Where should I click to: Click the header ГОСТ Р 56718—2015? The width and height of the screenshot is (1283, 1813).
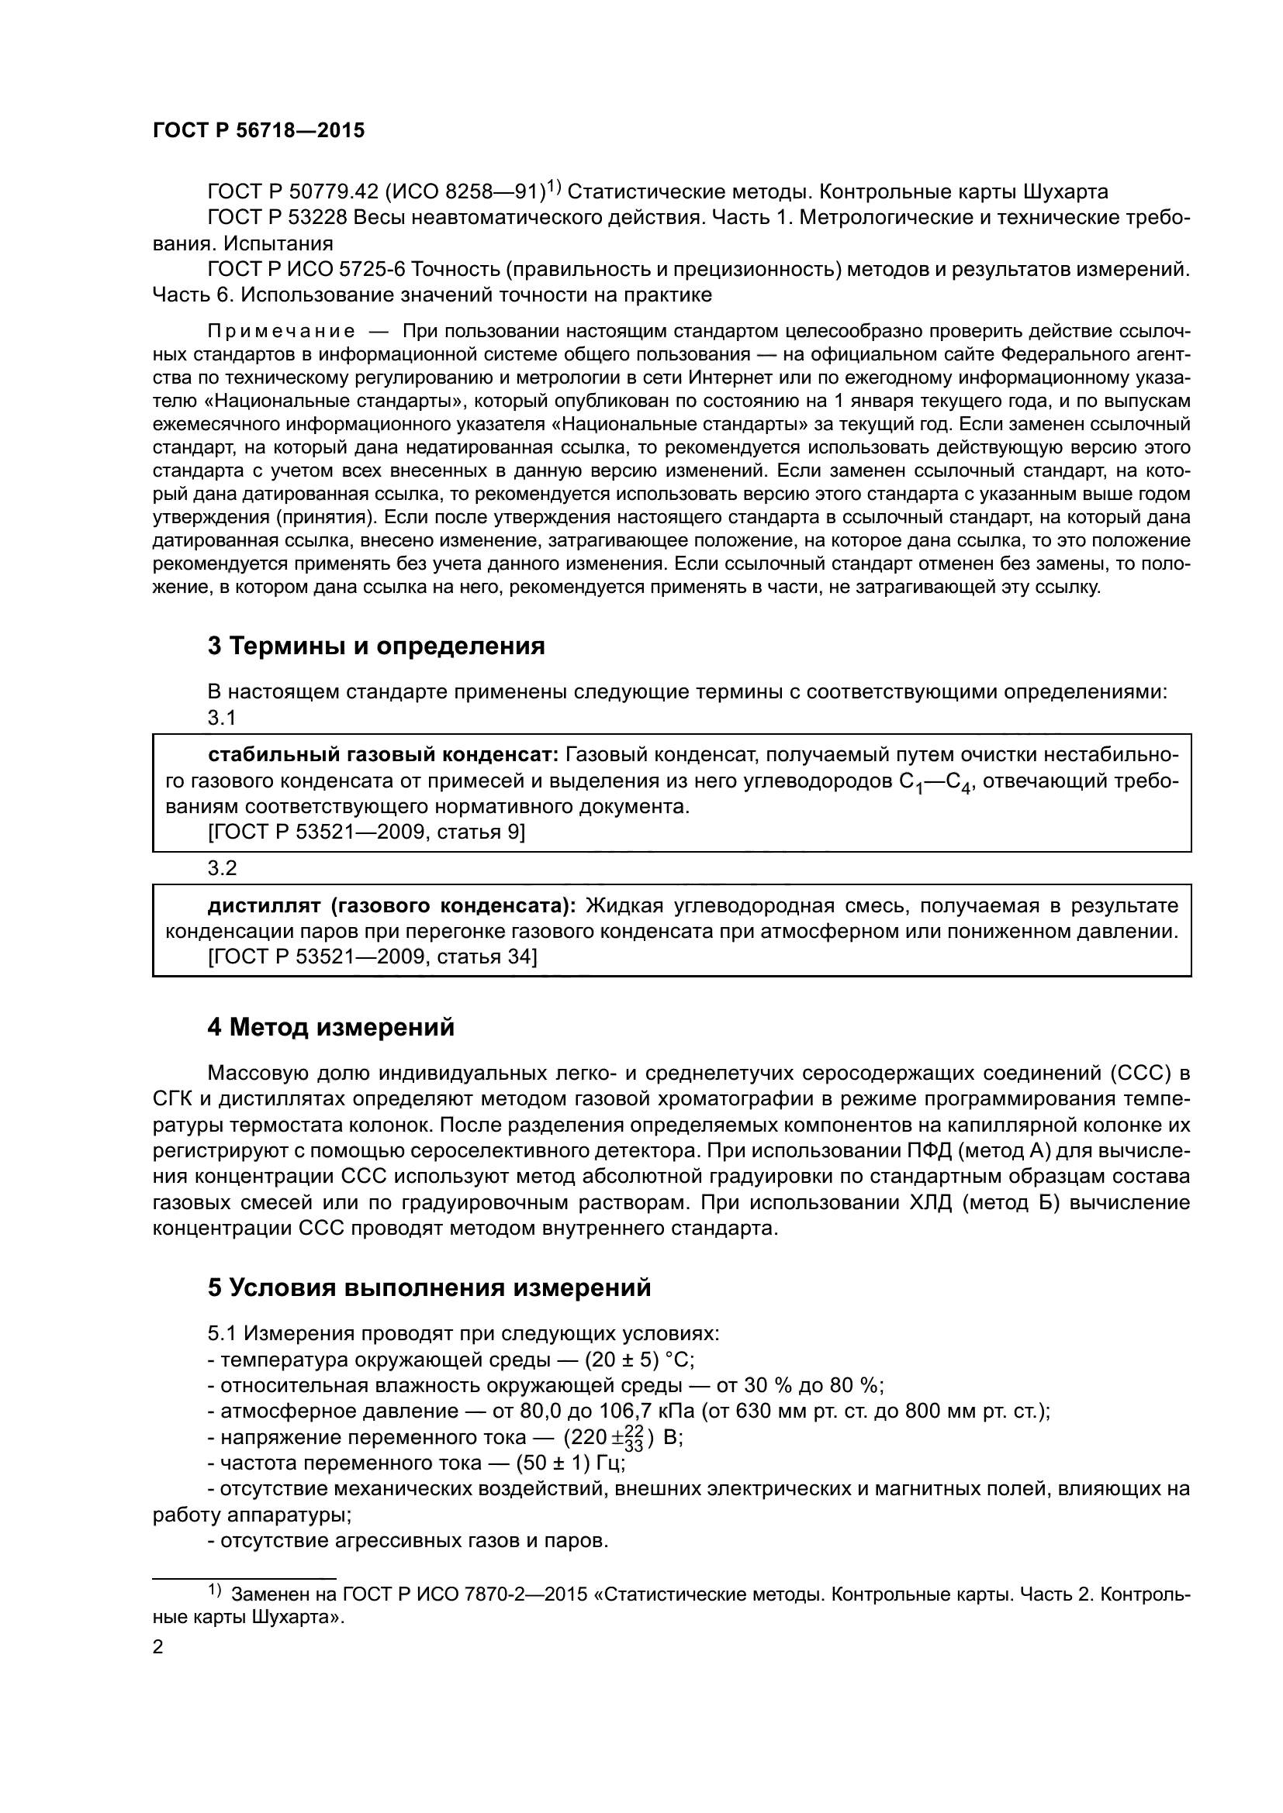click(258, 131)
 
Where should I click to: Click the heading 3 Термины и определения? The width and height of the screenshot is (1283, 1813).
click(376, 646)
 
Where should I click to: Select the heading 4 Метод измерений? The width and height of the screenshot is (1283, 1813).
click(331, 1027)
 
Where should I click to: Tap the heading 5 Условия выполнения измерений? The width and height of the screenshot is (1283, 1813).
click(429, 1287)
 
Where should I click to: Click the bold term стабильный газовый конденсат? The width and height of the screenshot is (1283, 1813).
click(383, 755)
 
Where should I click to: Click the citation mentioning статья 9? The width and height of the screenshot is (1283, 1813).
click(367, 832)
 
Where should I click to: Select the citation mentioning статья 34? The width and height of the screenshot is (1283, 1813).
click(372, 956)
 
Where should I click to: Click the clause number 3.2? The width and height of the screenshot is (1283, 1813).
click(222, 868)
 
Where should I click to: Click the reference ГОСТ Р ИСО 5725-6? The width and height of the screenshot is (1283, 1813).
click(306, 269)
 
